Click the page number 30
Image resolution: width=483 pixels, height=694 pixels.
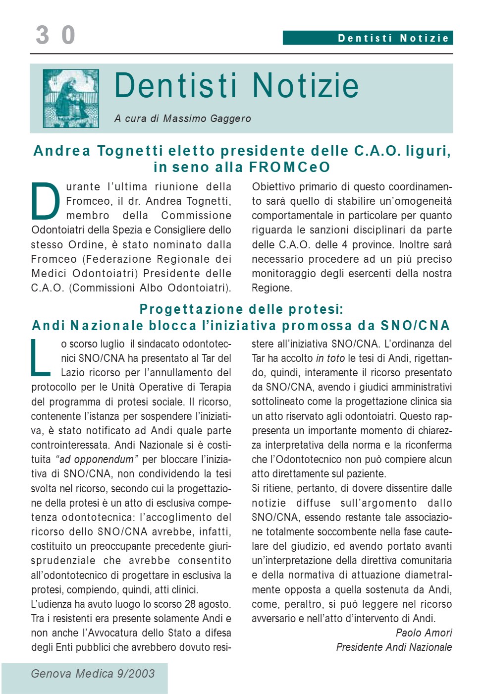[x=55, y=35]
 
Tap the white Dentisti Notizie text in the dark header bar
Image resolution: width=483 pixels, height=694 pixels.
[x=393, y=38]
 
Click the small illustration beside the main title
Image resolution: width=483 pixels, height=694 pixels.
[x=71, y=98]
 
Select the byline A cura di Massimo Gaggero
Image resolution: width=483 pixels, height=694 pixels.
[x=182, y=118]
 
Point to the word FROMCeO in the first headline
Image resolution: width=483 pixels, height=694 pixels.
[x=289, y=168]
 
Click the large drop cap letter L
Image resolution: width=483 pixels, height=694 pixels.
[x=41, y=358]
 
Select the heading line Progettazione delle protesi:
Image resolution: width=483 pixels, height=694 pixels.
[x=241, y=309]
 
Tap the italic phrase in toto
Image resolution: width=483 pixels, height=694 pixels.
[x=330, y=358]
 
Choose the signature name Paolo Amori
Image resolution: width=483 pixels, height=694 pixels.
[x=424, y=633]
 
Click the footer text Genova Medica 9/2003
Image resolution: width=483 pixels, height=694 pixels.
[x=93, y=674]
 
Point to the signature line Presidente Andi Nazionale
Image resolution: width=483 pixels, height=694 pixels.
[x=394, y=647]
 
